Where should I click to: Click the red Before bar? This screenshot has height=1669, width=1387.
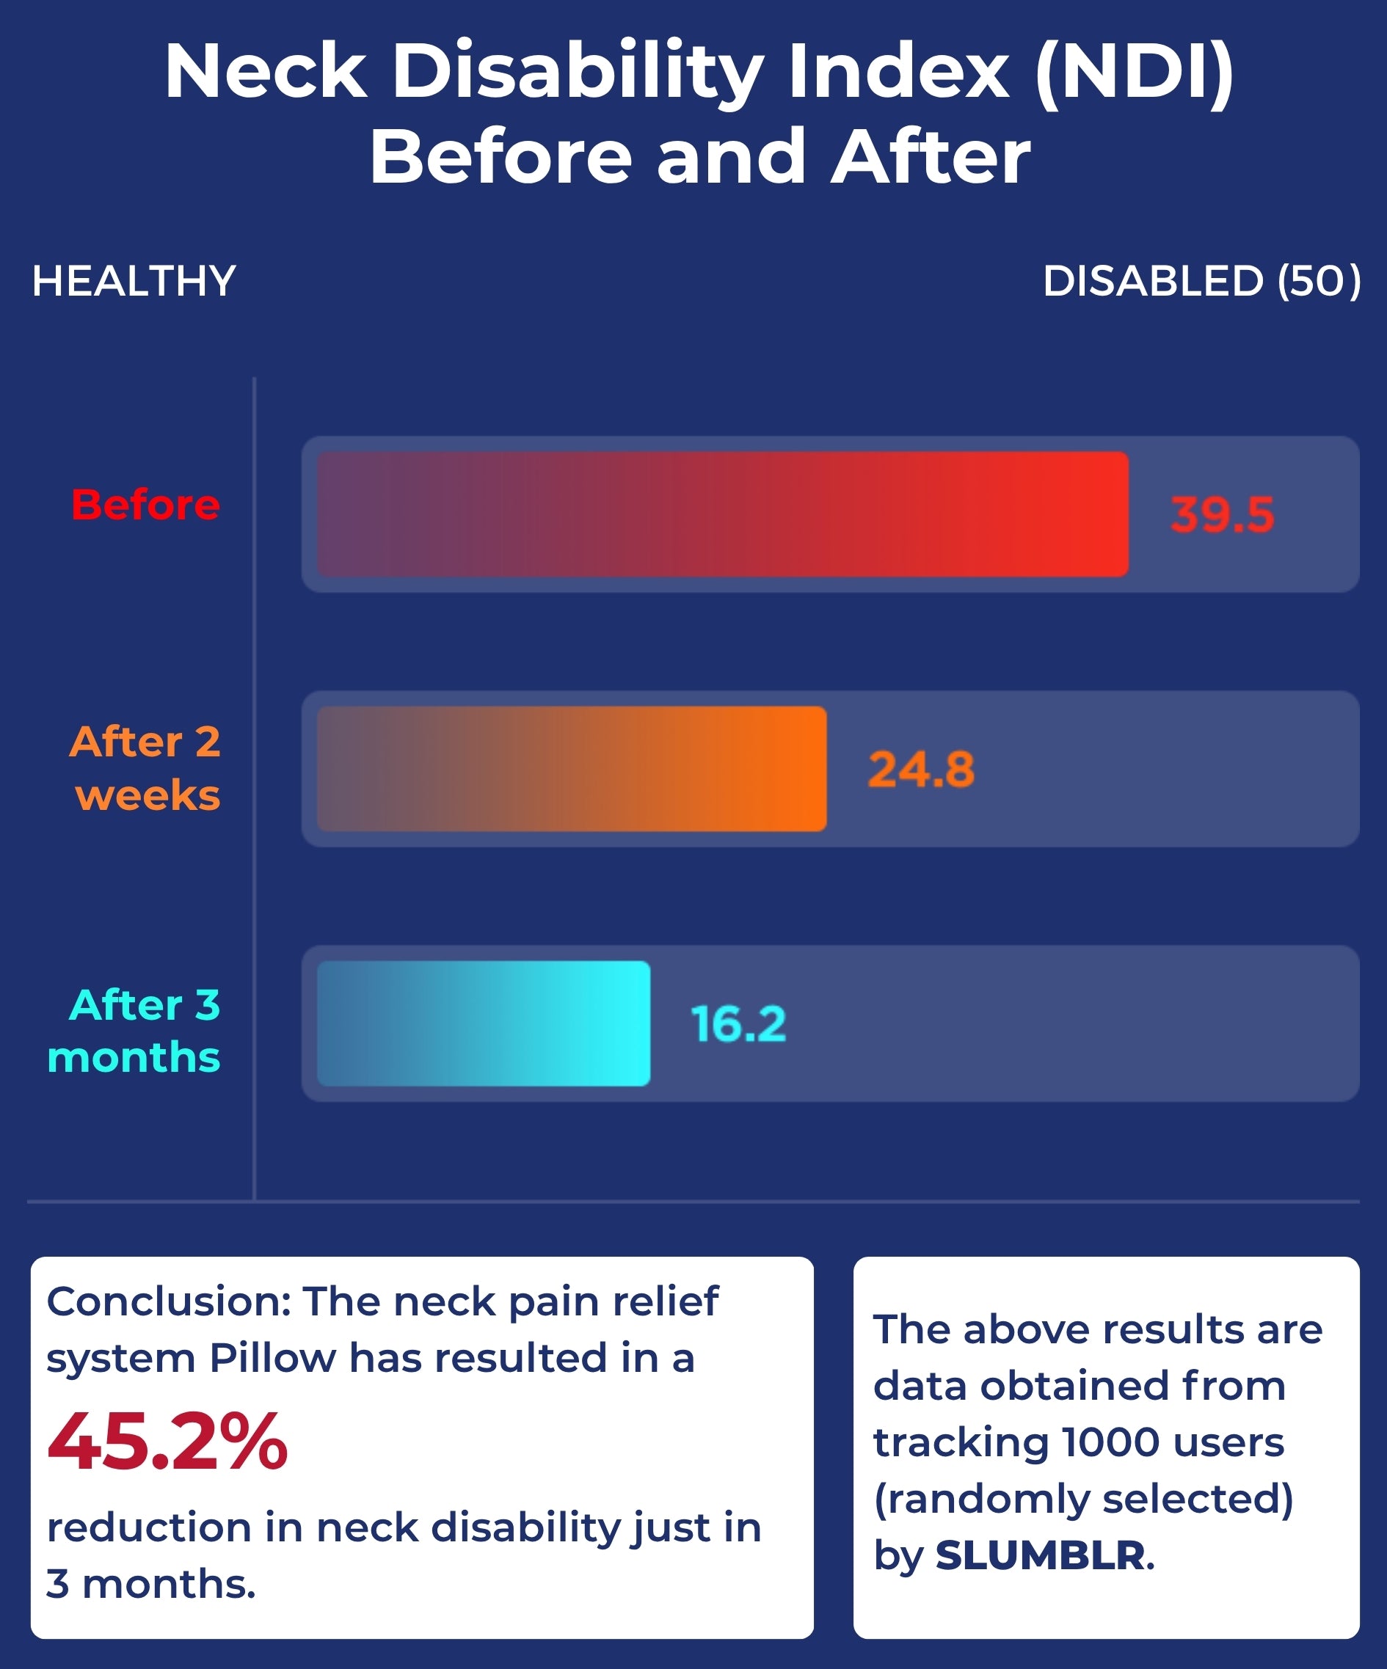point(721,514)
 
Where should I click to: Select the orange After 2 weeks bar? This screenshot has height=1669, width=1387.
point(571,769)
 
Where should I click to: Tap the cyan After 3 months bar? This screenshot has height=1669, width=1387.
point(484,1023)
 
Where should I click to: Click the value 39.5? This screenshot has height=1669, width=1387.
point(1222,514)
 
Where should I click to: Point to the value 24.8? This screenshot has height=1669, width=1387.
point(920,770)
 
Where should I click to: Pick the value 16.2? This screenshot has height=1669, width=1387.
point(738,1023)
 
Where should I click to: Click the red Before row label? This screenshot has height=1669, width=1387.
point(145,505)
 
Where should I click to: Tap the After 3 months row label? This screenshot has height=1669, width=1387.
point(135,1031)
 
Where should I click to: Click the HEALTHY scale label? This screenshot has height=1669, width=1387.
point(134,282)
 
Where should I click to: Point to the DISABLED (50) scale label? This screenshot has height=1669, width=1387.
point(1201,282)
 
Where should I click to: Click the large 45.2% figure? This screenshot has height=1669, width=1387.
point(167,1442)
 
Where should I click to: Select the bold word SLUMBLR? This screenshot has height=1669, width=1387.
point(1041,1555)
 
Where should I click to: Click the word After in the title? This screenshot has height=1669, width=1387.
point(930,157)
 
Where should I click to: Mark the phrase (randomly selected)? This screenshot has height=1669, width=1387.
point(1083,1498)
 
